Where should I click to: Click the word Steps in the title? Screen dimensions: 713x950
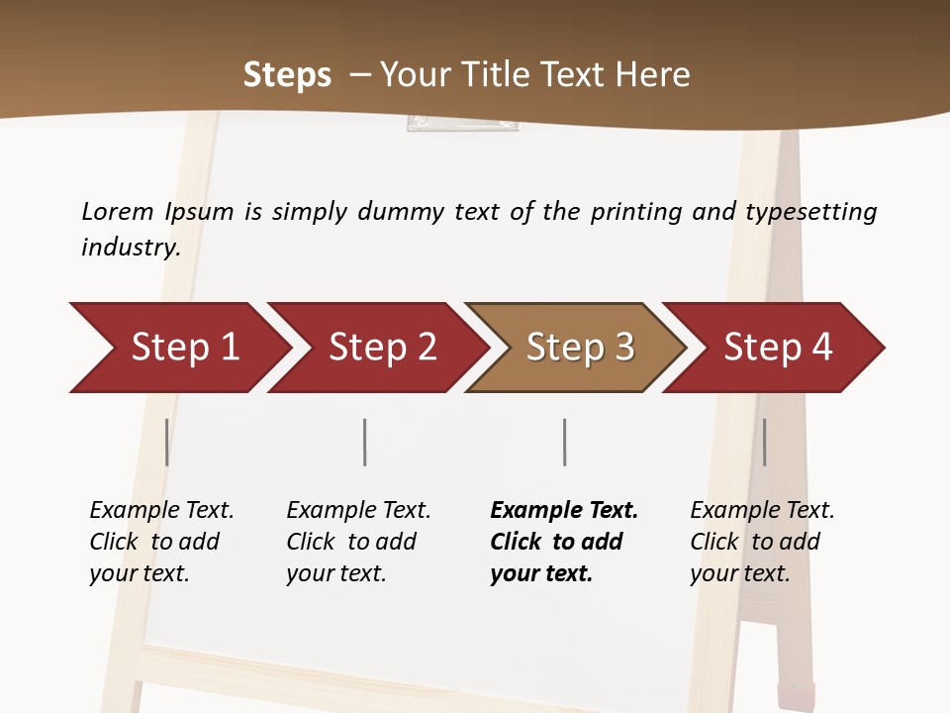pyautogui.click(x=287, y=75)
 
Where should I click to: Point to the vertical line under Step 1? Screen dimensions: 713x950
pyautogui.click(x=167, y=442)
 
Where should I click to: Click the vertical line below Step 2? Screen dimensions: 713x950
pyautogui.click(x=365, y=442)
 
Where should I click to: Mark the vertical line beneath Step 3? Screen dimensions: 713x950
pyautogui.click(x=565, y=442)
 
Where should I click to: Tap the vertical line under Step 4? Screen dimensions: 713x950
pyautogui.click(x=764, y=442)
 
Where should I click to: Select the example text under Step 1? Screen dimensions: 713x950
pyautogui.click(x=161, y=542)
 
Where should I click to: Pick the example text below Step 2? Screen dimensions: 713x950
pyautogui.click(x=358, y=542)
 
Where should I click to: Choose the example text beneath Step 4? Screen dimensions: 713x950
pyautogui.click(x=761, y=542)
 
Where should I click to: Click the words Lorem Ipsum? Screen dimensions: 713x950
pyautogui.click(x=157, y=212)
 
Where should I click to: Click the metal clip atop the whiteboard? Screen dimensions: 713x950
pyautogui.click(x=462, y=123)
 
